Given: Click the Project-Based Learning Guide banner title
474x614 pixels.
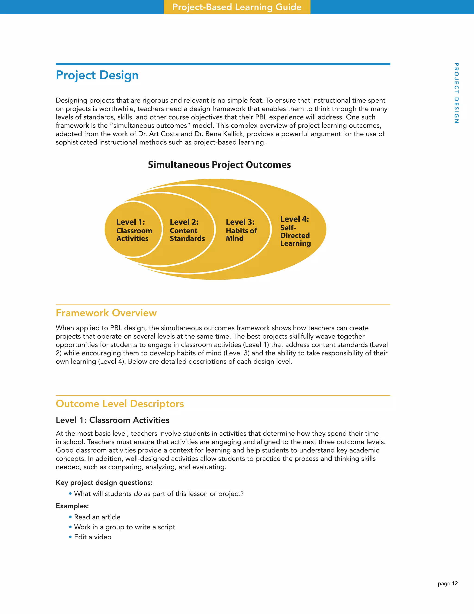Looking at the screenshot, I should pyautogui.click(x=237, y=7).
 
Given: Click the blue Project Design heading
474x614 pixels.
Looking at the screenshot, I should pyautogui.click(x=97, y=75).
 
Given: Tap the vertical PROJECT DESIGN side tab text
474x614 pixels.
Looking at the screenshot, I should pyautogui.click(x=456, y=93).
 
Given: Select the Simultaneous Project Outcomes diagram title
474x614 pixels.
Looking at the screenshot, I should pyautogui.click(x=219, y=165).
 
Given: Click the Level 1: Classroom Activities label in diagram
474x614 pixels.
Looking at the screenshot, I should pyautogui.click(x=134, y=230).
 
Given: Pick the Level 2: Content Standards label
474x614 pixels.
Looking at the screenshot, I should pyautogui.click(x=187, y=230).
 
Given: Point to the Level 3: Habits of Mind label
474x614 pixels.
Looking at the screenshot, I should pyautogui.click(x=241, y=230).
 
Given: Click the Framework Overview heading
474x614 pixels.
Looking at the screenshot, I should pyautogui.click(x=106, y=313).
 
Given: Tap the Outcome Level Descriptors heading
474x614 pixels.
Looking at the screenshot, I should pyautogui.click(x=120, y=404).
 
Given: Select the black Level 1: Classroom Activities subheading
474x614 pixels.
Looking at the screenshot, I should pyautogui.click(x=112, y=420).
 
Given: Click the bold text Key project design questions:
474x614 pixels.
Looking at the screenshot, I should pyautogui.click(x=104, y=482).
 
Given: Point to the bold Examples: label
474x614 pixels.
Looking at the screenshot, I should pyautogui.click(x=72, y=506).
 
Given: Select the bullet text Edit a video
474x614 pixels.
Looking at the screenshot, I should pyautogui.click(x=93, y=537).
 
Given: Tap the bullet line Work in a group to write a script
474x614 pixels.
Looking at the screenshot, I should pyautogui.click(x=124, y=527).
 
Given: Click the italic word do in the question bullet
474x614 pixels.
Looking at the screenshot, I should pyautogui.click(x=138, y=494).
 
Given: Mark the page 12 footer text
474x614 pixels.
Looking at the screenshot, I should pyautogui.click(x=448, y=583).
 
